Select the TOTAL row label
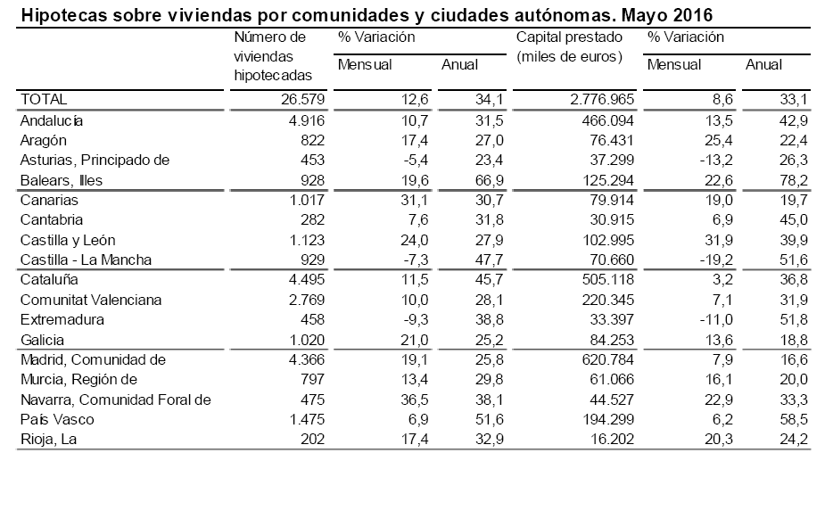tap(44, 100)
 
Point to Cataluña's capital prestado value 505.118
tap(594, 280)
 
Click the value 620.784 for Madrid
tap(594, 359)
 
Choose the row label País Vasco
tap(57, 419)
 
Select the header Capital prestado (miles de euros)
tap(569, 47)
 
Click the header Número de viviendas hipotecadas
tap(273, 57)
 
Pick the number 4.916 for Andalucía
tap(305, 120)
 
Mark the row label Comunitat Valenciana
tap(91, 300)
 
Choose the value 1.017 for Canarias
tap(305, 200)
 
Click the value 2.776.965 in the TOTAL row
tap(586, 100)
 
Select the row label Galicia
tap(43, 340)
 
